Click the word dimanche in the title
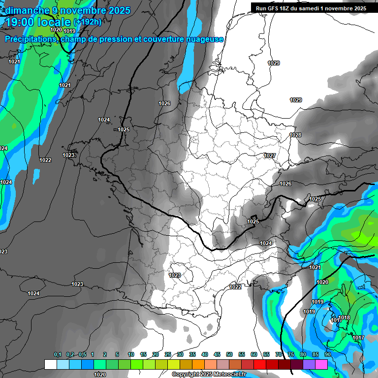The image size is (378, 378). tap(24, 10)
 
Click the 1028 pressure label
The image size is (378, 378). tap(295, 135)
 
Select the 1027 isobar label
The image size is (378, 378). tap(270, 156)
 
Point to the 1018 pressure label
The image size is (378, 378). tap(345, 317)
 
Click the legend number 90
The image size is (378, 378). tap(327, 355)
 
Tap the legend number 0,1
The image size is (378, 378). tap(58, 355)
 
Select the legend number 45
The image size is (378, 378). tap(217, 355)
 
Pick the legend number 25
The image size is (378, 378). tap(168, 355)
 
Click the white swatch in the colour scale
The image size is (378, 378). tap(50, 364)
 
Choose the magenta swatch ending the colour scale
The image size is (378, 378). tap(321, 364)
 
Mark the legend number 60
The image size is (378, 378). tap(254, 355)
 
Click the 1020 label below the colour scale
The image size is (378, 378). tap(100, 375)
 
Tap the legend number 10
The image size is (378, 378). tap(131, 355)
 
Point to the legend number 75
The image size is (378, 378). tap(290, 355)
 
